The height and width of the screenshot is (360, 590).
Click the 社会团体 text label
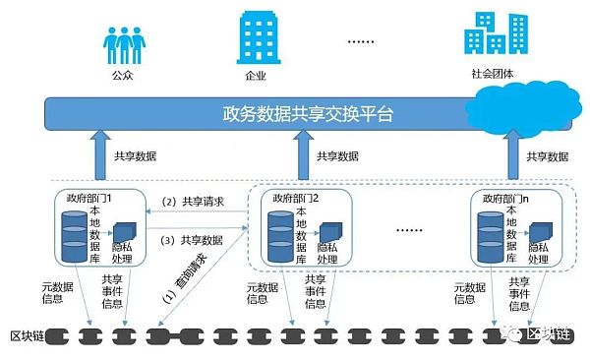(495, 74)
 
